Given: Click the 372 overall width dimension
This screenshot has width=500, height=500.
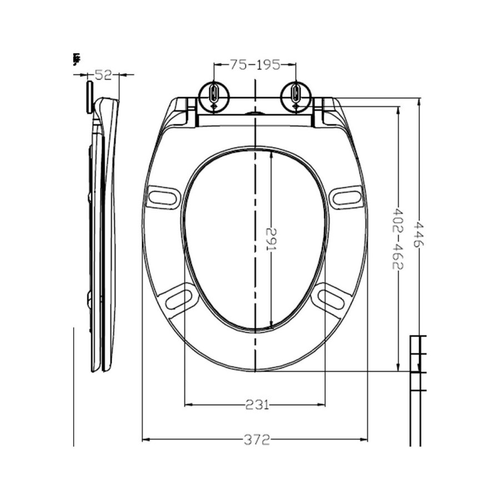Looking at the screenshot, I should click(255, 439).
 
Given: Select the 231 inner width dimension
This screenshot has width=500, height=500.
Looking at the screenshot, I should click(255, 404).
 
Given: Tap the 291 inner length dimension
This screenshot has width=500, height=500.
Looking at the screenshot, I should click(271, 239).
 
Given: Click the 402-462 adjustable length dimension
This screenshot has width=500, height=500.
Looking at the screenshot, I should click(398, 238).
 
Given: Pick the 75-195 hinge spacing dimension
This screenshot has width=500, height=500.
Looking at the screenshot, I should click(256, 64).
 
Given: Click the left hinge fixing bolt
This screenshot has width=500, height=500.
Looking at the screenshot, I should click(214, 95).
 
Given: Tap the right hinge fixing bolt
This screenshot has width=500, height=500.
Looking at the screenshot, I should click(295, 95).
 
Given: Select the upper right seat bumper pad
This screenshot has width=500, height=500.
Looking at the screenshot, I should click(347, 197).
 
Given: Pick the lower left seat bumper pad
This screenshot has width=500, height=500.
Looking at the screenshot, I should click(182, 298).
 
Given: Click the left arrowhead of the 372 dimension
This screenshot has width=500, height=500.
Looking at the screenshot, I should click(146, 439).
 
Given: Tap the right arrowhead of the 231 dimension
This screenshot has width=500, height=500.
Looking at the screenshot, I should click(323, 404).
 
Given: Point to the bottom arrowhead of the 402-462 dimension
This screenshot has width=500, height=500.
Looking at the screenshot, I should click(398, 367).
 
